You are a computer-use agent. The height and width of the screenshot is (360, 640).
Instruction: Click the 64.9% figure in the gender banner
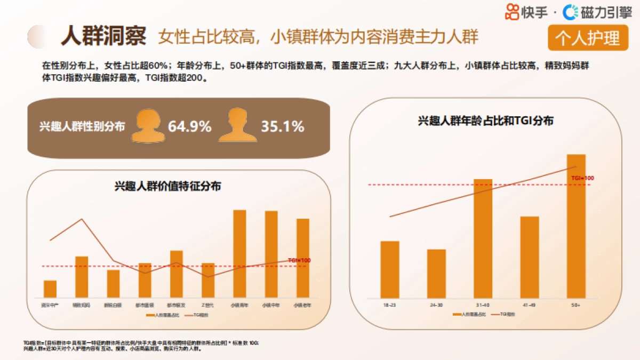pyautogui.click(x=189, y=127)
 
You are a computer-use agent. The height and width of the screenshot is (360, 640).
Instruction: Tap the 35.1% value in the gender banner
pyautogui.click(x=282, y=127)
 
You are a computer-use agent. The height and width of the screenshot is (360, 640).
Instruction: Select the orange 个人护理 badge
pyautogui.click(x=588, y=38)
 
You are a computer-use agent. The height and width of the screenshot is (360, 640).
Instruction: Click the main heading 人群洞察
pyautogui.click(x=103, y=36)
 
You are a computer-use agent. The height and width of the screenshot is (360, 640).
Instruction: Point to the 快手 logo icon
pyautogui.click(x=512, y=11)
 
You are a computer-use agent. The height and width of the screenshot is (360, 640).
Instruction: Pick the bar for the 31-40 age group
pyautogui.click(x=483, y=238)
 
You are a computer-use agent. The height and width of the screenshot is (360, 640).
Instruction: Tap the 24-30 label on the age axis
pyautogui.click(x=436, y=305)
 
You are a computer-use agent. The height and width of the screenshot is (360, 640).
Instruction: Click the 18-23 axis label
pyautogui.click(x=389, y=305)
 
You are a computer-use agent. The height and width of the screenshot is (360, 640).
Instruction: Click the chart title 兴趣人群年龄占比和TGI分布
pyautogui.click(x=485, y=121)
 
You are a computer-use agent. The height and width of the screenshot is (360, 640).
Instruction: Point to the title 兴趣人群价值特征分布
pyautogui.click(x=168, y=186)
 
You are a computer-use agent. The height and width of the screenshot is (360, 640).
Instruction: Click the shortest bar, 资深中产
pyautogui.click(x=50, y=289)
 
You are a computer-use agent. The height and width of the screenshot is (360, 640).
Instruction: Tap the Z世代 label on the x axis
pyautogui.click(x=208, y=305)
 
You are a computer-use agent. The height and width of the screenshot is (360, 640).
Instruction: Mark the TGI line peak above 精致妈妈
pyautogui.click(x=82, y=219)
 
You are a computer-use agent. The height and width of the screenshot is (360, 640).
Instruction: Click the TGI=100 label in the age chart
pyautogui.click(x=582, y=178)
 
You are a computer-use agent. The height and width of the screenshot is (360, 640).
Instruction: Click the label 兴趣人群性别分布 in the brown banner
pyautogui.click(x=82, y=127)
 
